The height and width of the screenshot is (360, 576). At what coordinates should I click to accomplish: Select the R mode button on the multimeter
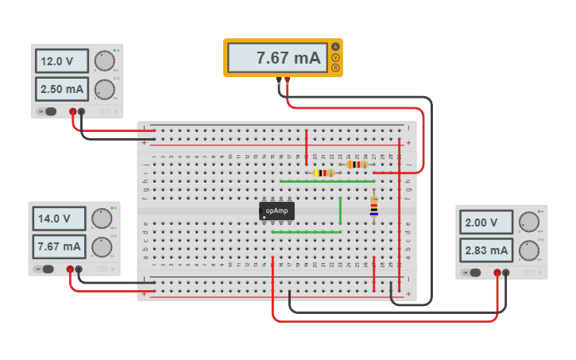(336, 68)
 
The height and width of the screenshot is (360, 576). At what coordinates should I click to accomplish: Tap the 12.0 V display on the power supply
(62, 61)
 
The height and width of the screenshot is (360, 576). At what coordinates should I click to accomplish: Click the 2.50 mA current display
(62, 88)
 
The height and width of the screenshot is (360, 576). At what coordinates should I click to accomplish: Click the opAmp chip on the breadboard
(276, 211)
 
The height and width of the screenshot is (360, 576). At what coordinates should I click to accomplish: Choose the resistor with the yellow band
(323, 172)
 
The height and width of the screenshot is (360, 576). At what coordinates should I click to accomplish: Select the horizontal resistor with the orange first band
(358, 165)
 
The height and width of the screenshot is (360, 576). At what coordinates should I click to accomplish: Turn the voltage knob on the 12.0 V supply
(103, 61)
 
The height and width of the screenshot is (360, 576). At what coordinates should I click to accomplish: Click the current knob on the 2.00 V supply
(528, 251)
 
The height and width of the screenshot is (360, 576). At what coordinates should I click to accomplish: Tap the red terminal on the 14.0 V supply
(70, 269)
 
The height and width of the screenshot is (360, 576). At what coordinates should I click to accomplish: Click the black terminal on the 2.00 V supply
(506, 273)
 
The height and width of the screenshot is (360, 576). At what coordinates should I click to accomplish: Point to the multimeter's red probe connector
(287, 79)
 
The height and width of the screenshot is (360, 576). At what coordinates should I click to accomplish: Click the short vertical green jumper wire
(340, 211)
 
